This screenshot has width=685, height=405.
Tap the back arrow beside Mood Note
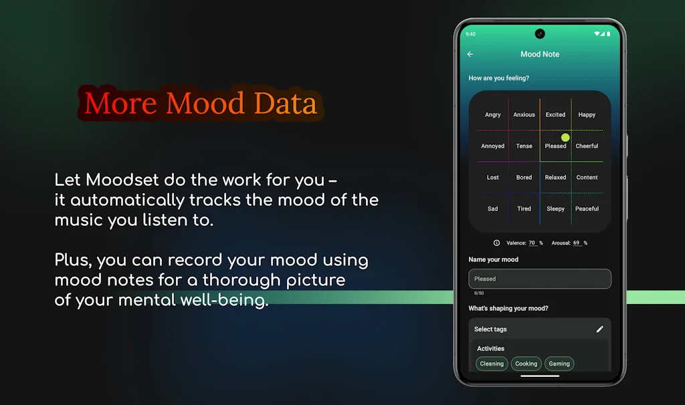click(x=470, y=54)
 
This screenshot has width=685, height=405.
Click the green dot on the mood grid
click(x=565, y=138)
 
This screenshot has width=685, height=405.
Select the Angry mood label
click(x=493, y=115)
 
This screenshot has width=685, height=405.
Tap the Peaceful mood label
click(x=587, y=209)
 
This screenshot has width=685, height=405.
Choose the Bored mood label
click(x=524, y=178)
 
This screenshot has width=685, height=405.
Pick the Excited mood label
click(x=555, y=115)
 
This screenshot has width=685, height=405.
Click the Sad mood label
click(x=493, y=209)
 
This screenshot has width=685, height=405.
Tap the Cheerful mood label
click(x=587, y=146)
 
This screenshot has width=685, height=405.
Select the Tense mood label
click(x=524, y=146)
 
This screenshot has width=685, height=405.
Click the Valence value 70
click(x=532, y=243)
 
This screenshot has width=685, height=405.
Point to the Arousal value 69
click(x=577, y=243)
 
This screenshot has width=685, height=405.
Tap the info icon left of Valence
click(x=497, y=243)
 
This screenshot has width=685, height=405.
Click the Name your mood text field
click(x=540, y=279)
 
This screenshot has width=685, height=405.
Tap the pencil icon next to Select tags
click(x=599, y=329)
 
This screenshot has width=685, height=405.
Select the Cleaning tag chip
click(x=492, y=364)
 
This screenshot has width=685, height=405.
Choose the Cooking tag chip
click(x=526, y=364)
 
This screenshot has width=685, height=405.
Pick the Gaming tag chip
click(x=559, y=364)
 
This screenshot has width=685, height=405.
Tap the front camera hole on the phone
click(x=540, y=34)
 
